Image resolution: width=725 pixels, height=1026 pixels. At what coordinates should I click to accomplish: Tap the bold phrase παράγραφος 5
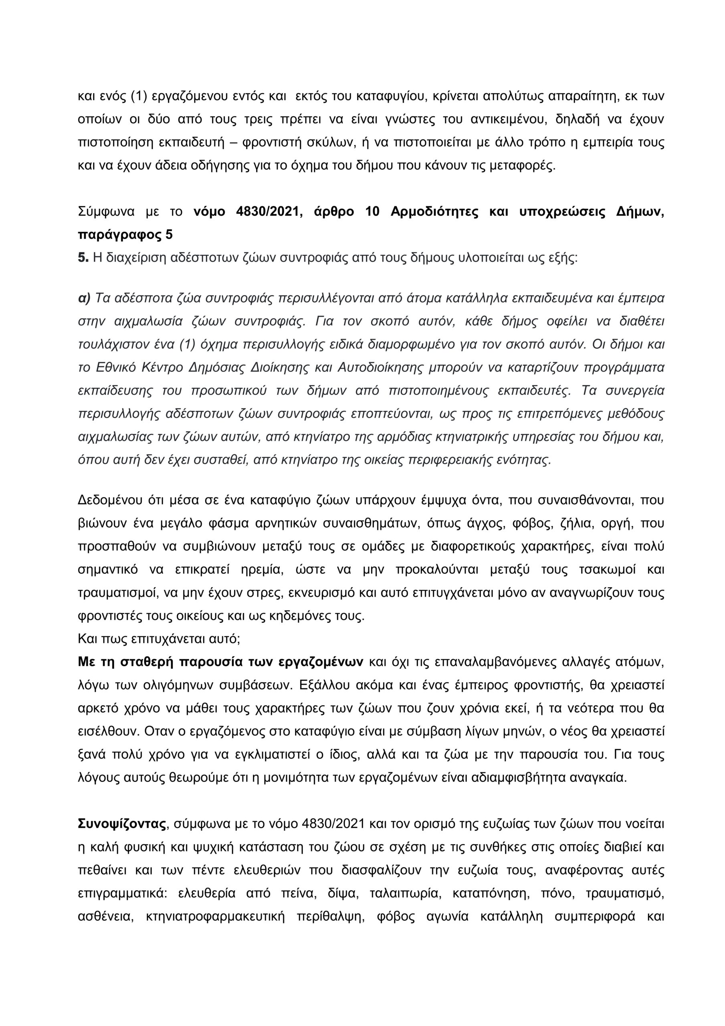(x=125, y=234)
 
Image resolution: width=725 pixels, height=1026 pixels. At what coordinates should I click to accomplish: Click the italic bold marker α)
(x=84, y=298)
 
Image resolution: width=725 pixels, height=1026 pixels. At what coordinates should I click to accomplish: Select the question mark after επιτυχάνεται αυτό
(x=239, y=638)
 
